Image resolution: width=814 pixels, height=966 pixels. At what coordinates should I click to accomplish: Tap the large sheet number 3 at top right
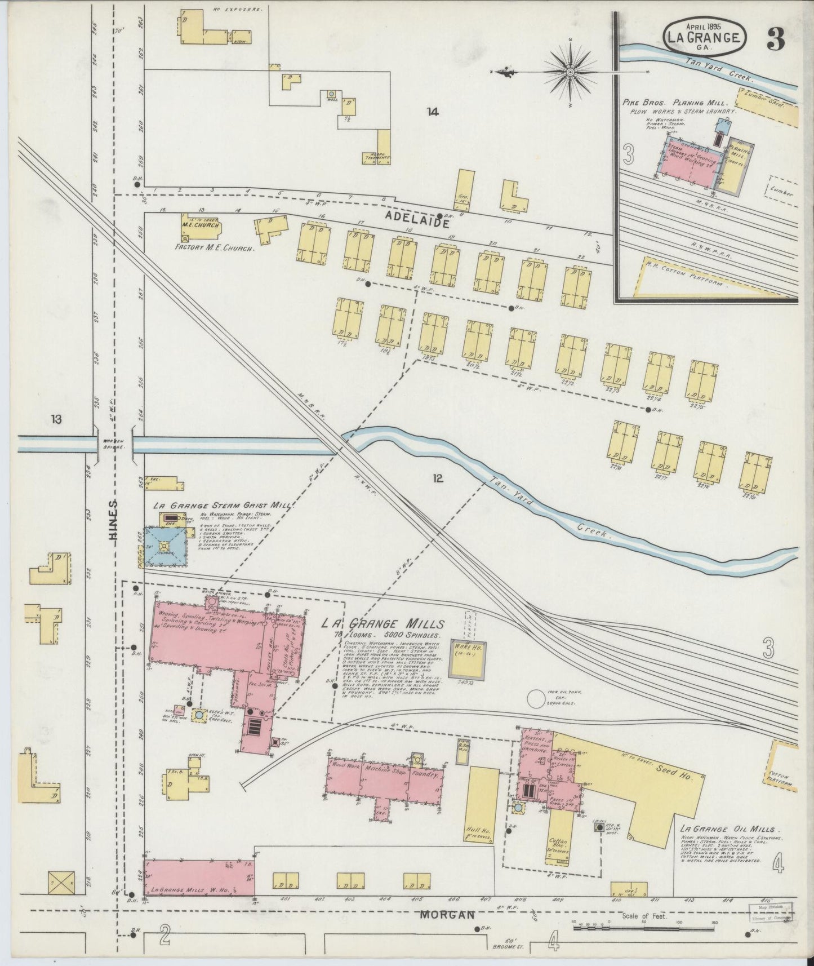tap(776, 40)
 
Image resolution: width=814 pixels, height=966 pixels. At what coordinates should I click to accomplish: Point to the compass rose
tap(570, 72)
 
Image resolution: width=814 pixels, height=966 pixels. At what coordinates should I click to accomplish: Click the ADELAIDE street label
tap(417, 223)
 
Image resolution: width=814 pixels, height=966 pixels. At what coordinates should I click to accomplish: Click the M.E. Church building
tap(201, 225)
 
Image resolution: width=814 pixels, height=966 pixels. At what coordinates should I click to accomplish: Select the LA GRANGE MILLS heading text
tap(383, 623)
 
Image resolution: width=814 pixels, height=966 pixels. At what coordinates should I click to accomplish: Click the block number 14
tap(432, 112)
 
